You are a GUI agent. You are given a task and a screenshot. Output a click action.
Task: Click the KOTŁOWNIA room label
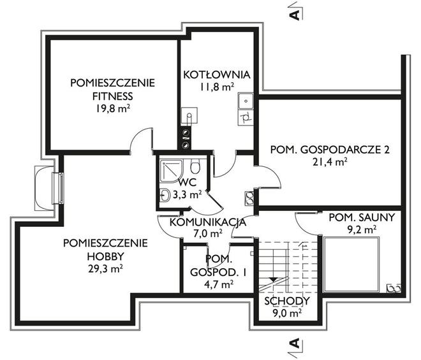(217, 75)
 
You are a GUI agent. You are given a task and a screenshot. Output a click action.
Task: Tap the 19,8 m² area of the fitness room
(112, 109)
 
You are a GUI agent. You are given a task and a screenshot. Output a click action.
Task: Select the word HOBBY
(105, 256)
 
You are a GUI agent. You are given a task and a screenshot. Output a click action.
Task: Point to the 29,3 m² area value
(105, 268)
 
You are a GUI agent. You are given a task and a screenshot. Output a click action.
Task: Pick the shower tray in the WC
(172, 171)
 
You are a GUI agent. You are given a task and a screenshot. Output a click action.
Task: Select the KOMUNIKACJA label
(208, 222)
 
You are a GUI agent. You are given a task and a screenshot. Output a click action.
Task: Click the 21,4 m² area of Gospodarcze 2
(330, 162)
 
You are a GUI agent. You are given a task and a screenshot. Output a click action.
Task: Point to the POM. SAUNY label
(362, 217)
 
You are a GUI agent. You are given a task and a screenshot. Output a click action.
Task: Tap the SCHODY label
(287, 301)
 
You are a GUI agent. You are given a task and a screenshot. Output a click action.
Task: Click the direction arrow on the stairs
(273, 280)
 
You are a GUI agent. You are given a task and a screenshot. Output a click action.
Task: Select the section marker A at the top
(295, 15)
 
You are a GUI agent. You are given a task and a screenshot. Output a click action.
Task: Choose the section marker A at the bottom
(295, 343)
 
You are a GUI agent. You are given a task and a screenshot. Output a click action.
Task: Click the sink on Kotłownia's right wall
(246, 101)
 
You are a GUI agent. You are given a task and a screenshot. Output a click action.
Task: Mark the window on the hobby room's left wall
(57, 188)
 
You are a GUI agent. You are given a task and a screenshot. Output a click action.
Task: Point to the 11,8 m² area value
(216, 87)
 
